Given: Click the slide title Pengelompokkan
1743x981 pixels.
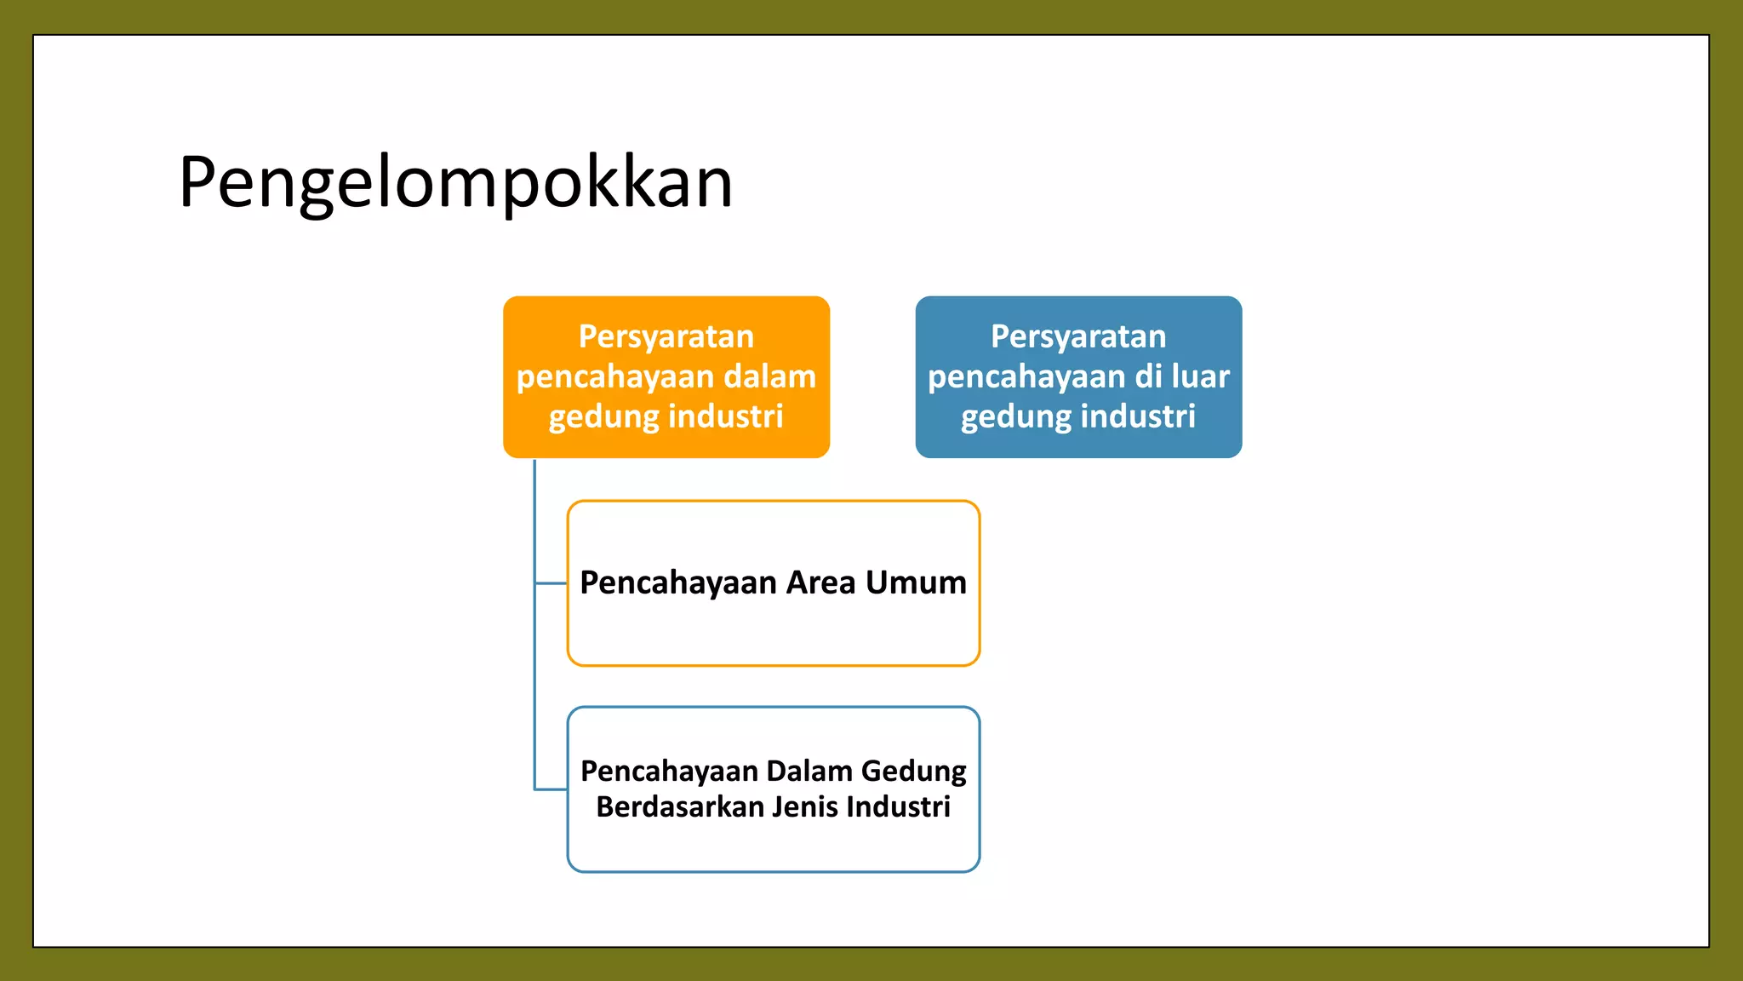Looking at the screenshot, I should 455,183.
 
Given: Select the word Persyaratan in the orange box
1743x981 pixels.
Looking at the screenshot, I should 666,337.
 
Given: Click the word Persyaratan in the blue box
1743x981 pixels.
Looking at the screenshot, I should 1078,337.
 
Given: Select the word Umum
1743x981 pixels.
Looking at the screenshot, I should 916,583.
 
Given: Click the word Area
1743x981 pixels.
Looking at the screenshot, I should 820,583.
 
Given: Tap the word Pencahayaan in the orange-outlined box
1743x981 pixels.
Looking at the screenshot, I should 678,583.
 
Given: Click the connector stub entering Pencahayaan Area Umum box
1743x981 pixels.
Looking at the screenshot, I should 551,583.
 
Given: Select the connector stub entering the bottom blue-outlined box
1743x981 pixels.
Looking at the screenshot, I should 551,789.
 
